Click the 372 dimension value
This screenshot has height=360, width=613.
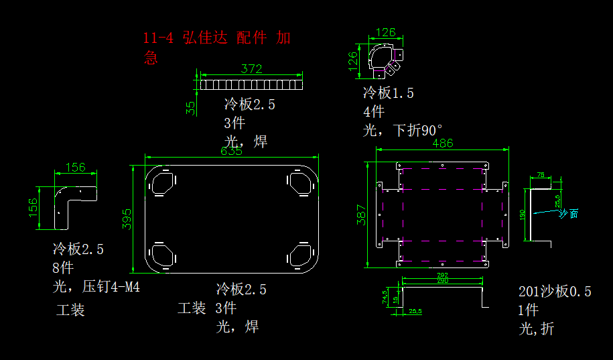tap(251, 68)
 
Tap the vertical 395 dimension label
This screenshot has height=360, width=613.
tap(127, 219)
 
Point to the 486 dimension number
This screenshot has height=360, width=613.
tap(442, 143)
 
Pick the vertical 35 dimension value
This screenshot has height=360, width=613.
tap(191, 107)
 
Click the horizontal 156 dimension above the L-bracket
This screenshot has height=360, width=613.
tap(75, 167)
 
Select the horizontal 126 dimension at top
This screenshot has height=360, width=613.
tap(385, 32)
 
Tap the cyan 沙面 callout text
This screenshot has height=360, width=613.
tap(568, 213)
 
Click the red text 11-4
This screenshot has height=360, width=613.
tap(158, 38)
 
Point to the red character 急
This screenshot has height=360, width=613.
tap(151, 58)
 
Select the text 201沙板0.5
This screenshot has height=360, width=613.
tap(555, 292)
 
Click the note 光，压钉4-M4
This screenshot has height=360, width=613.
tap(96, 288)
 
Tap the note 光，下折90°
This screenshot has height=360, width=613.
tap(403, 130)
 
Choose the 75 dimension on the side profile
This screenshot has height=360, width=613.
tap(541, 175)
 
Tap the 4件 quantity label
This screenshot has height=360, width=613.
tap(374, 111)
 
